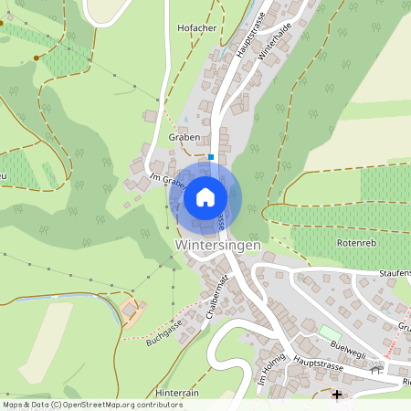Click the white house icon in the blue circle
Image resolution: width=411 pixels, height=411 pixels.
(x=205, y=196)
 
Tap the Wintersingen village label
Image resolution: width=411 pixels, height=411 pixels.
(x=217, y=247)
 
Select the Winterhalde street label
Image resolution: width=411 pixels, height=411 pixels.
(x=274, y=42)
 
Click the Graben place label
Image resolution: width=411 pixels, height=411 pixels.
(x=184, y=137)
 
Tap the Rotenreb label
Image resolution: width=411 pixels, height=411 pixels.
(x=356, y=243)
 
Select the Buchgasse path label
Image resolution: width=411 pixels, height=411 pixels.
(x=164, y=329)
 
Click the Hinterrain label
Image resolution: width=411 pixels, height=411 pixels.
(x=177, y=393)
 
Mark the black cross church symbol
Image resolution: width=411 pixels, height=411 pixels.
(x=337, y=395)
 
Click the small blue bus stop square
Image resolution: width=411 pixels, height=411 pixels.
(x=212, y=156)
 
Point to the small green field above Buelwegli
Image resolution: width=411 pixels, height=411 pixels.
(x=328, y=331)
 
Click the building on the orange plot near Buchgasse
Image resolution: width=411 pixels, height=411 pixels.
(x=130, y=311)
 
